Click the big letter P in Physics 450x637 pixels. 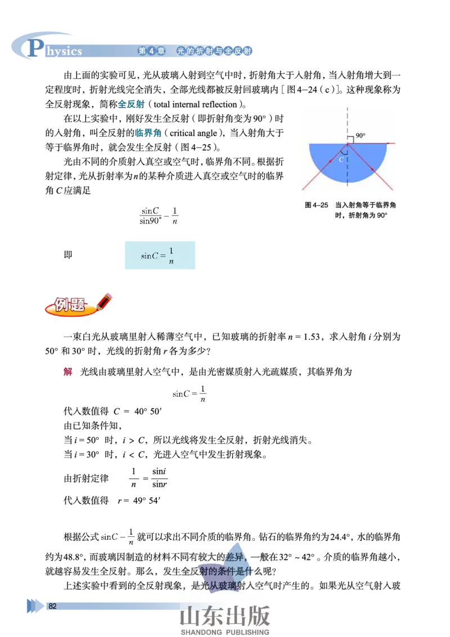tap(35, 48)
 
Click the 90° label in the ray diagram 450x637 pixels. tap(361, 136)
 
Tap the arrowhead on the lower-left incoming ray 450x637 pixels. tap(322, 169)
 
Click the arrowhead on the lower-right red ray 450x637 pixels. tap(372, 169)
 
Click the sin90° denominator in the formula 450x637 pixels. tap(150, 221)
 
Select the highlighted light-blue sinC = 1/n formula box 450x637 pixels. tap(160, 254)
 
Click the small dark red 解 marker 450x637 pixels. tap(69, 372)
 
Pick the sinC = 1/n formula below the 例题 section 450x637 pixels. tap(191, 392)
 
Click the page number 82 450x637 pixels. tap(53, 606)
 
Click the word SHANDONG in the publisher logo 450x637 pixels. tap(202, 632)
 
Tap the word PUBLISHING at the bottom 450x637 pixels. tap(247, 632)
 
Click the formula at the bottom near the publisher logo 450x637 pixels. tap(117, 537)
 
